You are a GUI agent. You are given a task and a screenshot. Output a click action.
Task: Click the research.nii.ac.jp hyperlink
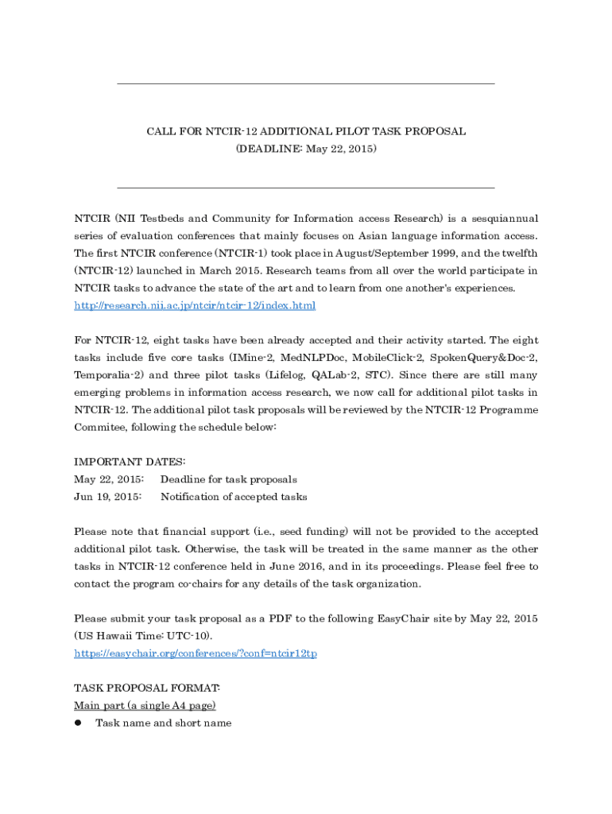click(195, 305)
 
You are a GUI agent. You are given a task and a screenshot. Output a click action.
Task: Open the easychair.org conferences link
click(196, 653)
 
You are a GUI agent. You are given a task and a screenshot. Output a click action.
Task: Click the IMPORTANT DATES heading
click(130, 462)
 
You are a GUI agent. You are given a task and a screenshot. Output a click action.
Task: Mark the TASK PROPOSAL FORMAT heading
click(147, 688)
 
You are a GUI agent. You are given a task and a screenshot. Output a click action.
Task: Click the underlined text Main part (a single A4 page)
click(145, 705)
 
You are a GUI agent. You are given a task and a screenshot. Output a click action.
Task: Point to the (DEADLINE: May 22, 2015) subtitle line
click(306, 149)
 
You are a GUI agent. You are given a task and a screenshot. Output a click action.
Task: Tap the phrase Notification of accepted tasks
click(234, 497)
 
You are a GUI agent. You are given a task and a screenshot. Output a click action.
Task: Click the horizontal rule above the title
click(306, 83)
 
